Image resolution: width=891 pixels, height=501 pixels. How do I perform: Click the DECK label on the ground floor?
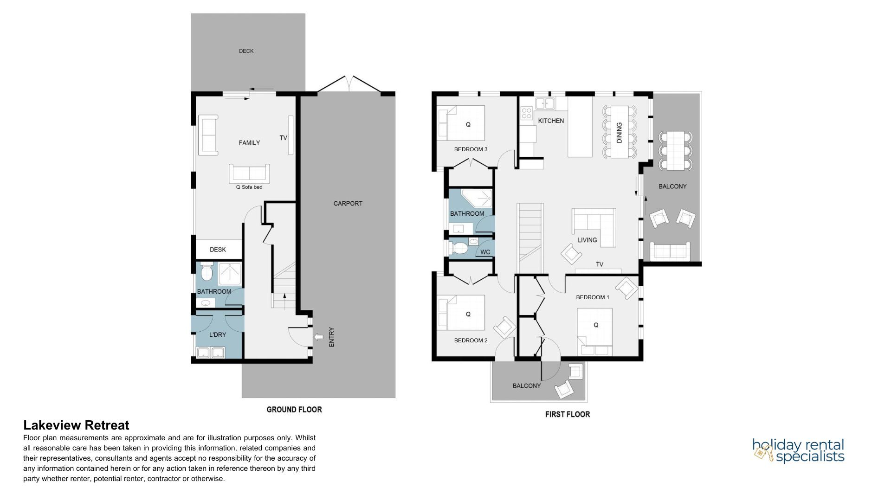point(246,51)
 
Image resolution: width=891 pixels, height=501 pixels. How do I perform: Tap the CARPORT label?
point(348,203)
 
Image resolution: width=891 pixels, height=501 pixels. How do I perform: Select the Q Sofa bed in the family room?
point(249,173)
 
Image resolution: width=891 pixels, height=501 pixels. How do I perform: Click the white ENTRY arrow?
point(319,337)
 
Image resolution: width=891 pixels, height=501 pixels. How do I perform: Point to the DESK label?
point(218,250)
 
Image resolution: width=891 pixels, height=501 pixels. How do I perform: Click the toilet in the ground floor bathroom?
point(206,272)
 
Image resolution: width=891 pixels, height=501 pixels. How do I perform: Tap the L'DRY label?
point(218,334)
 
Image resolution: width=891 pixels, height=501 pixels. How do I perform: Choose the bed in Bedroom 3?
point(461,123)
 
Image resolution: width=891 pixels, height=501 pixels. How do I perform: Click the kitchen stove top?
point(527,113)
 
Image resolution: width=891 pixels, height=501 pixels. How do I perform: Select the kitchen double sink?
point(545,103)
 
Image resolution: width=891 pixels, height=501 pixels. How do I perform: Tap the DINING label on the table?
point(619,132)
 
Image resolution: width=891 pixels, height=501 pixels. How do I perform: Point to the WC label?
point(485,252)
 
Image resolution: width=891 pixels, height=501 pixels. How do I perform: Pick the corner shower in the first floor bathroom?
point(477,199)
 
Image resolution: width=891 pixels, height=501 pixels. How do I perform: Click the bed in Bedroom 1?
point(594,331)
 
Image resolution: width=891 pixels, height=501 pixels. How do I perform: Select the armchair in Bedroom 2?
point(504,328)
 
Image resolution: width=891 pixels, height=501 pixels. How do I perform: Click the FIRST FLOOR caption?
point(568,414)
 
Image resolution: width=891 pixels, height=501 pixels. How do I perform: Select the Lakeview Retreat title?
point(76,425)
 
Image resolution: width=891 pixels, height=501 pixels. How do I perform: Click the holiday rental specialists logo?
point(798,451)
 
